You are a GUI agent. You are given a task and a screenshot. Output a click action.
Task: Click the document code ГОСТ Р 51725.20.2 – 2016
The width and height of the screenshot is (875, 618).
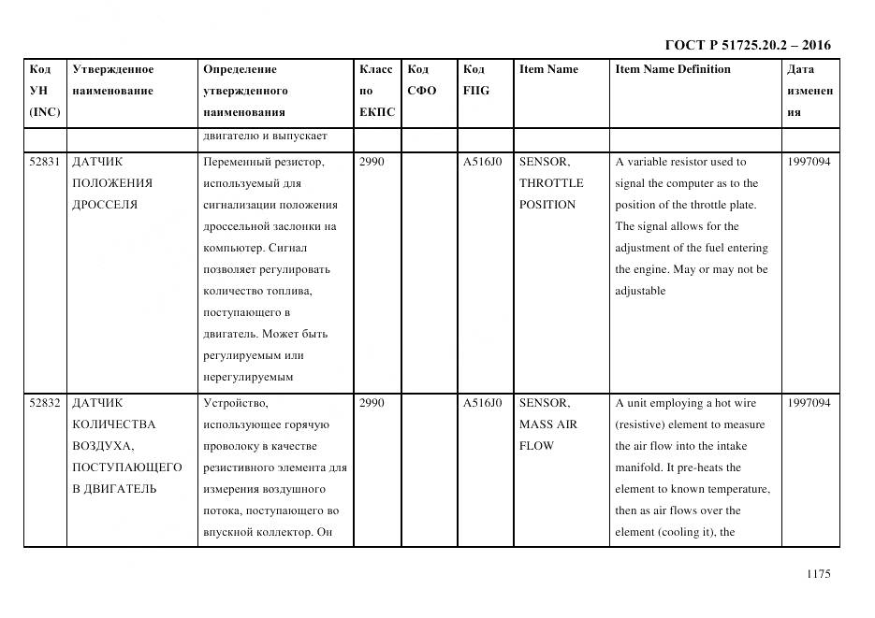pyautogui.click(x=747, y=45)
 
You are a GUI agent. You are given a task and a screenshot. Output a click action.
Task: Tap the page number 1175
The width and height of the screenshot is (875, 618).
pyautogui.click(x=818, y=574)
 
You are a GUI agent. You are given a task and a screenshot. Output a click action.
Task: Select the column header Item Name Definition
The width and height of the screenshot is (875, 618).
pyautogui.click(x=672, y=69)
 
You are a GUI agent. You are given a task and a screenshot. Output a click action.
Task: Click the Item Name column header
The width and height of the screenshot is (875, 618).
pyautogui.click(x=548, y=69)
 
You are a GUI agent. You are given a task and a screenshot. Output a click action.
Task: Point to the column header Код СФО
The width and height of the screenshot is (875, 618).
pyautogui.click(x=421, y=80)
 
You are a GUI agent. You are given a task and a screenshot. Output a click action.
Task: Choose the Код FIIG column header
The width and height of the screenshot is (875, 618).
pyautogui.click(x=475, y=80)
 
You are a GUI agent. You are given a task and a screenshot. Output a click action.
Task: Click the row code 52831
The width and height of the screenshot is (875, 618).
pyautogui.click(x=45, y=162)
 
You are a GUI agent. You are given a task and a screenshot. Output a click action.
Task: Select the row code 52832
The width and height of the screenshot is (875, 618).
pyautogui.click(x=45, y=403)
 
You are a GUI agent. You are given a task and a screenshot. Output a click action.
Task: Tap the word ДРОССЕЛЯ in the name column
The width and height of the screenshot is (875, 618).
pyautogui.click(x=105, y=205)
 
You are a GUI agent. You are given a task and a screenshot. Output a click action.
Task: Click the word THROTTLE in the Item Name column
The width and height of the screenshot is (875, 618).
pyautogui.click(x=550, y=183)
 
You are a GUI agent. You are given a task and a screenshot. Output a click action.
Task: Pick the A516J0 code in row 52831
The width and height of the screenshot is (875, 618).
pyautogui.click(x=482, y=162)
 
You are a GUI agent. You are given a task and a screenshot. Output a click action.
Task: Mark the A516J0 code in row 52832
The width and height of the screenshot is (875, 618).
pyautogui.click(x=482, y=403)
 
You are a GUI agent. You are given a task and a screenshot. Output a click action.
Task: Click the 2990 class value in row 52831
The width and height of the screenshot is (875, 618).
pyautogui.click(x=372, y=162)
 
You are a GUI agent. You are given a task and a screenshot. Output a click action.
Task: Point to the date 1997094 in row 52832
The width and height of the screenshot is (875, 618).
pyautogui.click(x=809, y=403)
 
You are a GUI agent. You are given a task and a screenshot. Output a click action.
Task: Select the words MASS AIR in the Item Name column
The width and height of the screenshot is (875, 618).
pyautogui.click(x=548, y=424)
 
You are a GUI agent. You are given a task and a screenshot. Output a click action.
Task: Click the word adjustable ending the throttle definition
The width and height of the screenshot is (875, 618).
pyautogui.click(x=640, y=291)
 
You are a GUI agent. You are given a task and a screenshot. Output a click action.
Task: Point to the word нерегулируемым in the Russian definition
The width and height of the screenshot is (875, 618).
pyautogui.click(x=247, y=377)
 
